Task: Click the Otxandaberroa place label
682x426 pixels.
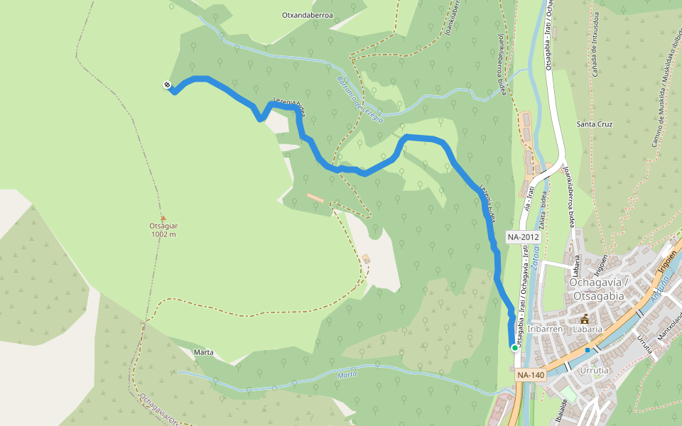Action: pyautogui.click(x=308, y=14)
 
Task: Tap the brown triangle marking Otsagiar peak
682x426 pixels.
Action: pyautogui.click(x=163, y=218)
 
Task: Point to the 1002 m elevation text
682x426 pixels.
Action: pyautogui.click(x=163, y=234)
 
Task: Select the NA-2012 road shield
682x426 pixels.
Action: pyautogui.click(x=524, y=236)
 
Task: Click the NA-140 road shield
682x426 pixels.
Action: pyautogui.click(x=531, y=375)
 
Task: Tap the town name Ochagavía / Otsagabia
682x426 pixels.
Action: pyautogui.click(x=597, y=290)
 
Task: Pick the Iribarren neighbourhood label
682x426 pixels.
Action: pyautogui.click(x=546, y=329)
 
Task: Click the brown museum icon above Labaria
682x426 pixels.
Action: pyautogui.click(x=585, y=318)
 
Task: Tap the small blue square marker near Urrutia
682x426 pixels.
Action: pyautogui.click(x=588, y=349)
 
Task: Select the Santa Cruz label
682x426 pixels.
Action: pyautogui.click(x=595, y=124)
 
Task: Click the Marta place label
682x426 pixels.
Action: pyautogui.click(x=203, y=352)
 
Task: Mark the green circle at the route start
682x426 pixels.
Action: pyautogui.click(x=514, y=347)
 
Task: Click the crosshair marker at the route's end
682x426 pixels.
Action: pyautogui.click(x=167, y=85)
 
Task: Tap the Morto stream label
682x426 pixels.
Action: pyautogui.click(x=347, y=374)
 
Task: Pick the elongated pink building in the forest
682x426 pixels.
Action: pyautogui.click(x=315, y=197)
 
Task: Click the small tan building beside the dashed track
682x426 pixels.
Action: pyautogui.click(x=367, y=258)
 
